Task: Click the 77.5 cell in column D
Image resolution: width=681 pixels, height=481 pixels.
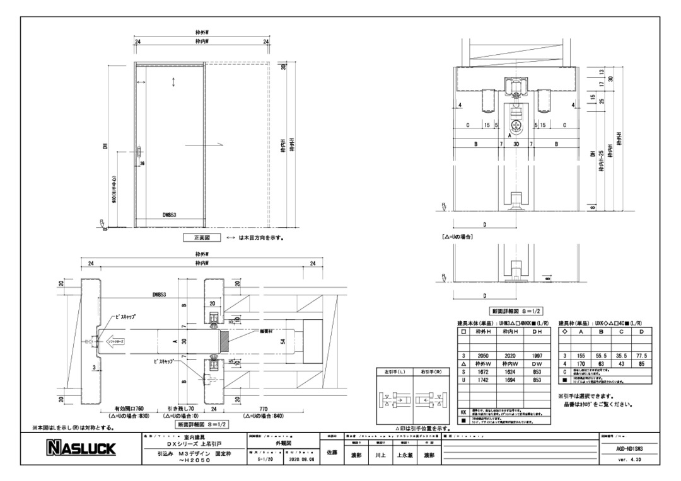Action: (x=641, y=355)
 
